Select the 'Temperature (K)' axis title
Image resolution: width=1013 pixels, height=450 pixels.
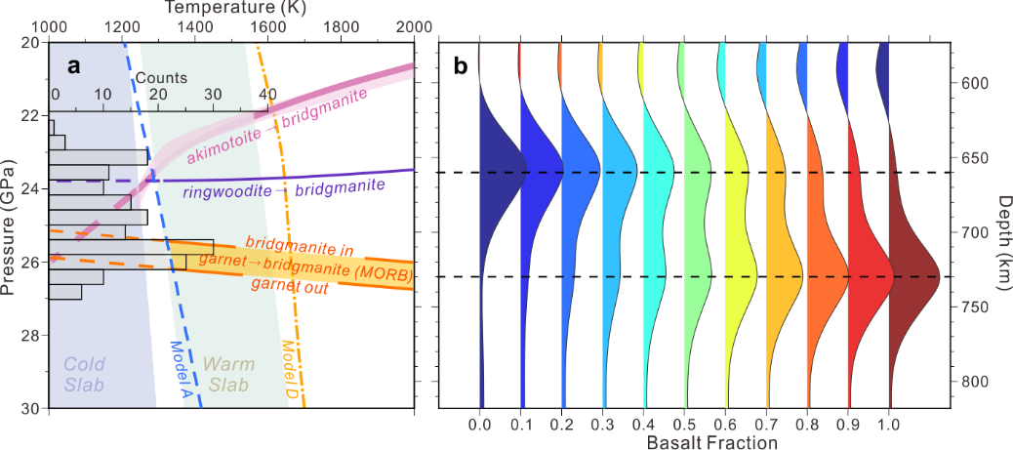pos(231,8)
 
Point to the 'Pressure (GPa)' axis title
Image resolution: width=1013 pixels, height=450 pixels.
pos(10,225)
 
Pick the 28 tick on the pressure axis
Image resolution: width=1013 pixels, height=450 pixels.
pos(34,335)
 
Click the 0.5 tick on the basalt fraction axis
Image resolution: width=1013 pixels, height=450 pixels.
pos(685,425)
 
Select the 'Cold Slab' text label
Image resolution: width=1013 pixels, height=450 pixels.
pos(84,374)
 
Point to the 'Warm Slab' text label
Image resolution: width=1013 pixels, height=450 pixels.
pos(229,374)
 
